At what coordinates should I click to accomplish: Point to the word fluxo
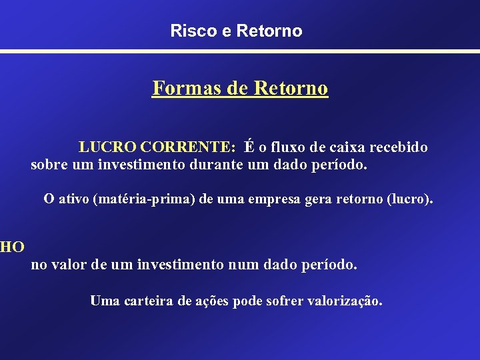[290, 147]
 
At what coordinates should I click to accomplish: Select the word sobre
[49, 164]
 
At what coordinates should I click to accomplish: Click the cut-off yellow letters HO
[12, 247]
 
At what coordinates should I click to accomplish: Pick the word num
[243, 265]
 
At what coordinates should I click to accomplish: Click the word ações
[213, 301]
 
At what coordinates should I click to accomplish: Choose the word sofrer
[285, 301]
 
